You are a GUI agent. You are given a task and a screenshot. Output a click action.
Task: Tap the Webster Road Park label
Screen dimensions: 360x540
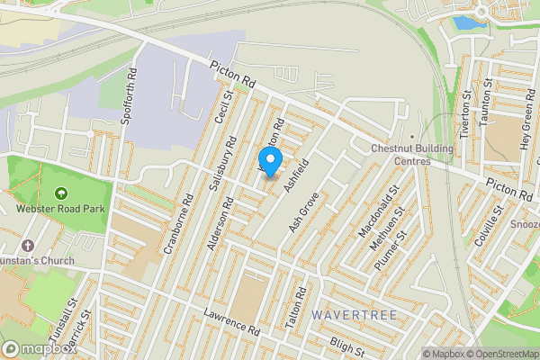(x=61, y=208)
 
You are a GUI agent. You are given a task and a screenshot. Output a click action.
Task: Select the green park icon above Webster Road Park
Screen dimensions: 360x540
(x=61, y=193)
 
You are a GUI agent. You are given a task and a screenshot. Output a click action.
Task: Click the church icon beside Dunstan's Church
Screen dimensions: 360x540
(x=28, y=246)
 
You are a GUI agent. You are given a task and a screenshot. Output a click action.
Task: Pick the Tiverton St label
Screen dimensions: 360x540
(x=465, y=114)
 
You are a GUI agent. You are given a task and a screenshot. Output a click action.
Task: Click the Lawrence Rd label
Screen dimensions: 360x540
(x=231, y=321)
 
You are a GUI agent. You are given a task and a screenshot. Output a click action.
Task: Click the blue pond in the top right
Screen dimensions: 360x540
(x=465, y=22)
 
